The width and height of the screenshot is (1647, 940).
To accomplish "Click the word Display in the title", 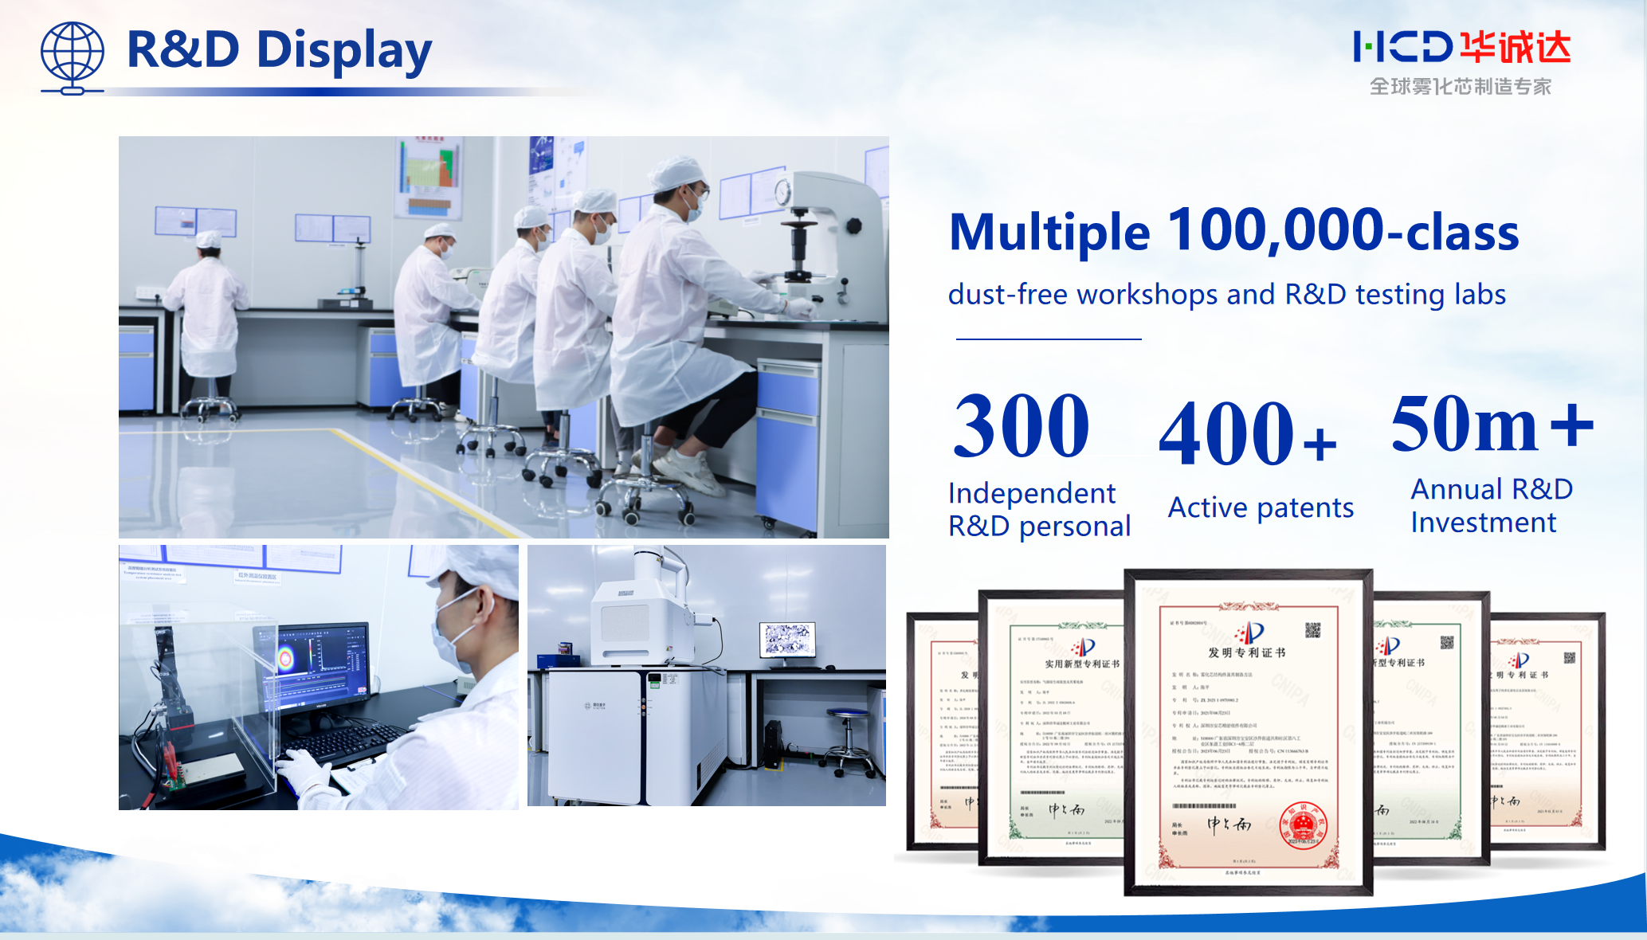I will point(343,50).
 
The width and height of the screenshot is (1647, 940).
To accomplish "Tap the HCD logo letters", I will point(1402,47).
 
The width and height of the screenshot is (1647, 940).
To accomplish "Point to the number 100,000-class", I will point(1343,231).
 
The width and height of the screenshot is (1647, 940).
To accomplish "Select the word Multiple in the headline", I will point(1049,233).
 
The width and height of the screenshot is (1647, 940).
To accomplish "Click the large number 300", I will point(1021,427).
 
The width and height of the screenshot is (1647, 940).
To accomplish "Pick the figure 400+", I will point(1247,434).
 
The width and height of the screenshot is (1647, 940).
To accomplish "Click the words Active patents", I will point(1261,507).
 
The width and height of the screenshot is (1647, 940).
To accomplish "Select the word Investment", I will point(1483,523).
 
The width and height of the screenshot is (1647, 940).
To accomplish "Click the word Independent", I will point(1031,493).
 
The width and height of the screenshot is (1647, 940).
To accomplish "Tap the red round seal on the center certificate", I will point(1303,825).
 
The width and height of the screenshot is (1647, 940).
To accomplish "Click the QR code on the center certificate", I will point(1312,630).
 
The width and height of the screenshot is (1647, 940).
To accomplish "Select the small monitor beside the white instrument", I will point(787,640).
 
